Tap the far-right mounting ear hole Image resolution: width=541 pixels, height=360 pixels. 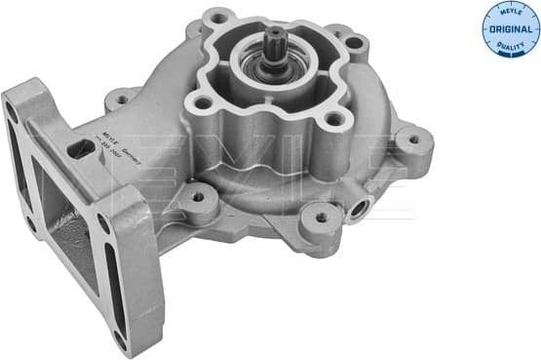tap(413, 140)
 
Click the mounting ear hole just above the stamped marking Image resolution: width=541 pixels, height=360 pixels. tap(120, 98)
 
